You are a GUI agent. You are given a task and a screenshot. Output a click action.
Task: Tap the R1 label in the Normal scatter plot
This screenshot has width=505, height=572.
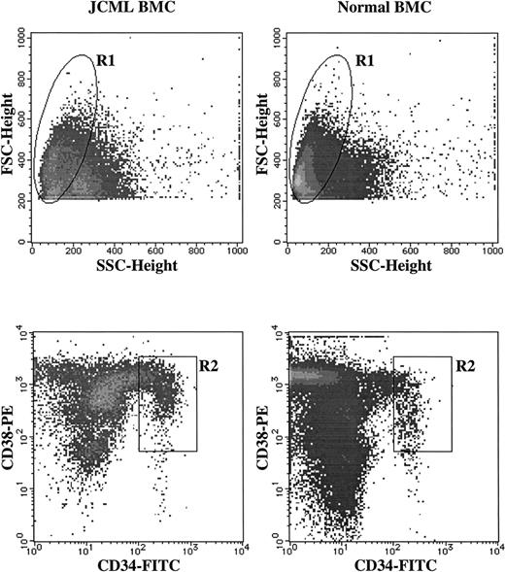tap(365, 62)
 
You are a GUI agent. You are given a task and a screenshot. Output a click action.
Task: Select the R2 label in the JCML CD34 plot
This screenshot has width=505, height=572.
tap(210, 365)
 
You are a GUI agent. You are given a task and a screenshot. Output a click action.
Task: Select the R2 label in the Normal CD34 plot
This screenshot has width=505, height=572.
tap(465, 365)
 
